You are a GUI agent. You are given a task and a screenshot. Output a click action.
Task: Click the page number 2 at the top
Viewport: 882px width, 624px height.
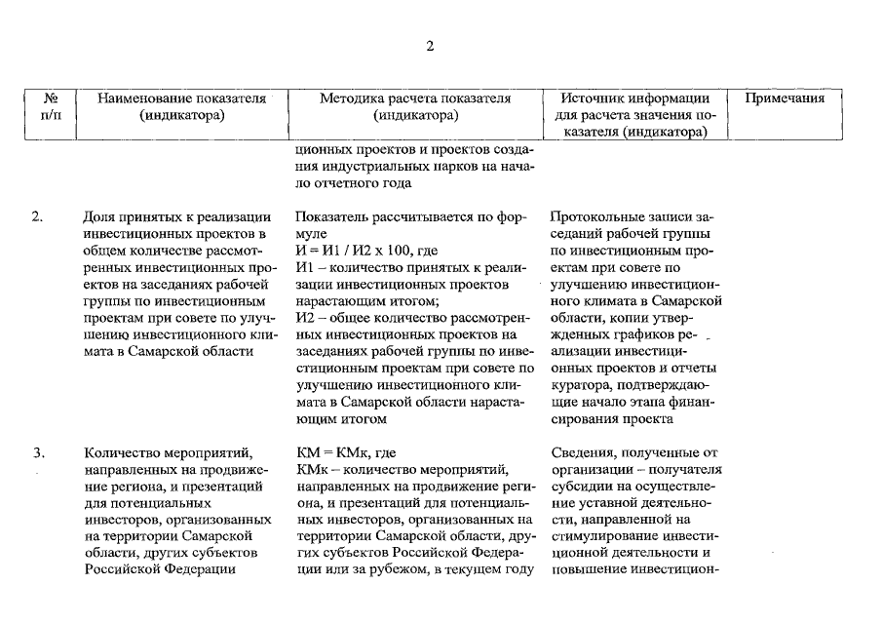pyautogui.click(x=430, y=47)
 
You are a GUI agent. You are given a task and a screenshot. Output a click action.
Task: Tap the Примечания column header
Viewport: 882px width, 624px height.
pyautogui.click(x=786, y=98)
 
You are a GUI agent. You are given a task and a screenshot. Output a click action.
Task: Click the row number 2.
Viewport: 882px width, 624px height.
pyautogui.click(x=37, y=217)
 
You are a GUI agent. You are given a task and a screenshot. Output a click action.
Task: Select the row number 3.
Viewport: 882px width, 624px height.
pyautogui.click(x=37, y=451)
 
